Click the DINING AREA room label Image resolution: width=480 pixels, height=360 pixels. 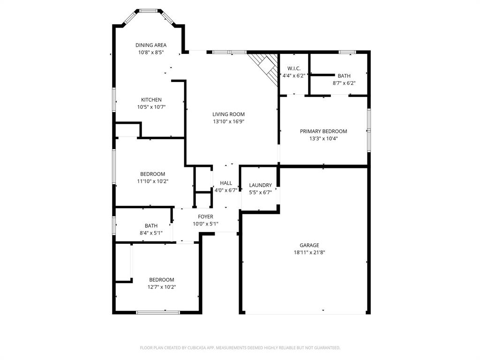coord(151,45)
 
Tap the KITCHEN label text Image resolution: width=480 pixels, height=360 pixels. coord(151,100)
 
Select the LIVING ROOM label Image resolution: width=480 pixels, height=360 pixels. coord(228,114)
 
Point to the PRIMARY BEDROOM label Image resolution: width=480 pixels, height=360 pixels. coord(323,131)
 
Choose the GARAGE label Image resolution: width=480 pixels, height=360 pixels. coord(309,245)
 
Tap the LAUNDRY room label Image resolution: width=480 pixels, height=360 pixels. coord(260,185)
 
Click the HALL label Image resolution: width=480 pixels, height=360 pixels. coord(226,183)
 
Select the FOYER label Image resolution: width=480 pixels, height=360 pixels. coord(205,217)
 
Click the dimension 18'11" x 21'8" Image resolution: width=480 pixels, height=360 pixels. coord(309,252)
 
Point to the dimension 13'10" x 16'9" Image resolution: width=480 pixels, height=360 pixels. coord(228,121)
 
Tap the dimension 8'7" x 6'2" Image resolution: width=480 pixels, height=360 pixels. coord(344,83)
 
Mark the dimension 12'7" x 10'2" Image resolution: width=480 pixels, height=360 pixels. coord(162,287)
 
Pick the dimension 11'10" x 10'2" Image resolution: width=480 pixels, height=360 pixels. coord(152,181)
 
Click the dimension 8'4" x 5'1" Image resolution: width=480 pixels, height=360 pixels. coord(151,232)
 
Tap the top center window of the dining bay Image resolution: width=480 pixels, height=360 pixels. coord(149,10)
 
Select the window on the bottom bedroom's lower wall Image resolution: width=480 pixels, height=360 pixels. coord(157,312)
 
